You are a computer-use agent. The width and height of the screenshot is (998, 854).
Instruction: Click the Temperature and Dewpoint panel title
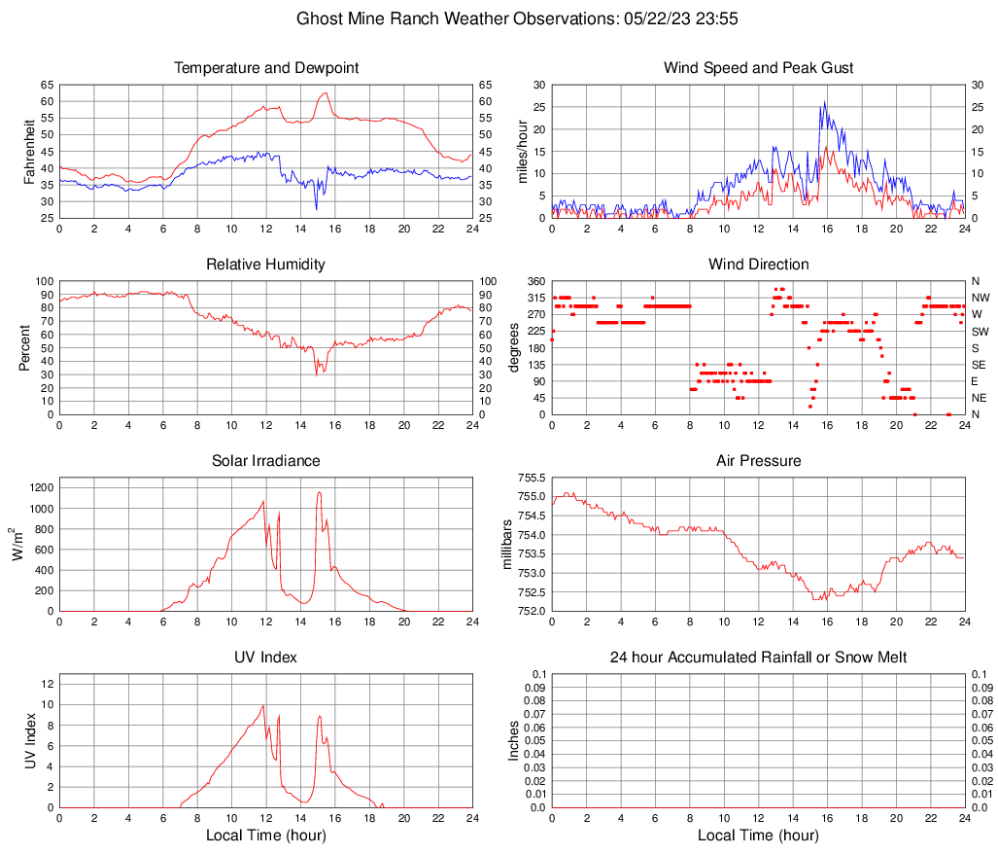[266, 68]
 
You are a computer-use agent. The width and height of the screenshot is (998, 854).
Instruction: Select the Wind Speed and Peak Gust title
[758, 68]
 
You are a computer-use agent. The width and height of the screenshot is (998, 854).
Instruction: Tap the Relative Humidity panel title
[266, 265]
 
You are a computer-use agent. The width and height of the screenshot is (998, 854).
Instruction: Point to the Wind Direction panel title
[758, 265]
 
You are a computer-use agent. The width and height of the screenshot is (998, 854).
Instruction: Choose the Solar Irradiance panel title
[266, 461]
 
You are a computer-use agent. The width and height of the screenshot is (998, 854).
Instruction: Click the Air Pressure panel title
[758, 461]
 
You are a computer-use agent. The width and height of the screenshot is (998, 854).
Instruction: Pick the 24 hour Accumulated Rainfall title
[758, 658]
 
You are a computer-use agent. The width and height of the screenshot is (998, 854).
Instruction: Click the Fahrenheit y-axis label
[28, 151]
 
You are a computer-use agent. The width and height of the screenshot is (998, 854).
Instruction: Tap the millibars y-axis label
[505, 545]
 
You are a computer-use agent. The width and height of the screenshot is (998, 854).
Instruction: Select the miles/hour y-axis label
[522, 151]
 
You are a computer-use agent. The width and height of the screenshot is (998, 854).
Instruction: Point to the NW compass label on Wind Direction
[981, 298]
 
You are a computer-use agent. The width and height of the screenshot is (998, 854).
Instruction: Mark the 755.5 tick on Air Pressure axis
[530, 478]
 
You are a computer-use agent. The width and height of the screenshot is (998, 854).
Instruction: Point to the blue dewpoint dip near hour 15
[316, 207]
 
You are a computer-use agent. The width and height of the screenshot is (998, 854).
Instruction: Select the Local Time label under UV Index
[266, 836]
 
